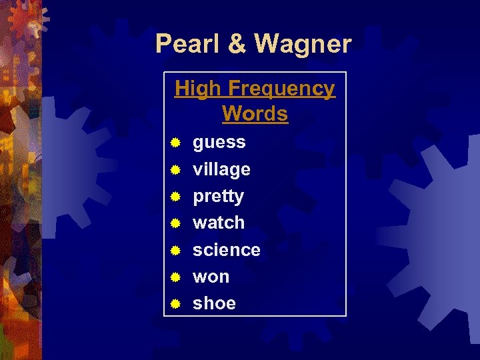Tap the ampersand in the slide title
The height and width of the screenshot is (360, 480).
coord(237,44)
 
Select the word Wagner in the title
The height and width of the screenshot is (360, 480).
coord(303,44)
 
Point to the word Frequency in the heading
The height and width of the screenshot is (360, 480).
coord(281,89)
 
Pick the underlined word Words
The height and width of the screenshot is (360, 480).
coord(255,114)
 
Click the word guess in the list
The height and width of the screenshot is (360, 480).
coord(219,143)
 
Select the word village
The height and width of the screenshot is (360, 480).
coord(221,169)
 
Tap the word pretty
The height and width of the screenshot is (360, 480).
coord(218,197)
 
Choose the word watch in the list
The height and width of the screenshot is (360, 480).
coord(219,223)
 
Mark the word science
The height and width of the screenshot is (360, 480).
coord(226,250)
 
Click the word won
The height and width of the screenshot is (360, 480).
coord(211,277)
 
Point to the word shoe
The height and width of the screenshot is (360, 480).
coord(214,303)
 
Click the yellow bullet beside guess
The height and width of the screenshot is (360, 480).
coord(175,143)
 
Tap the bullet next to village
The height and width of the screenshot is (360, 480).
coord(175,169)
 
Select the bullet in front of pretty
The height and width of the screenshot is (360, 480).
coord(175,197)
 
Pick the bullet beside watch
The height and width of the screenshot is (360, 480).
coord(175,223)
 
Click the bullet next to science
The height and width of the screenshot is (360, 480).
coord(175,250)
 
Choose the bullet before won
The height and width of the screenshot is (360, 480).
coord(175,277)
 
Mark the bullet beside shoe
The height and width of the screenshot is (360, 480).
coord(175,303)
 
